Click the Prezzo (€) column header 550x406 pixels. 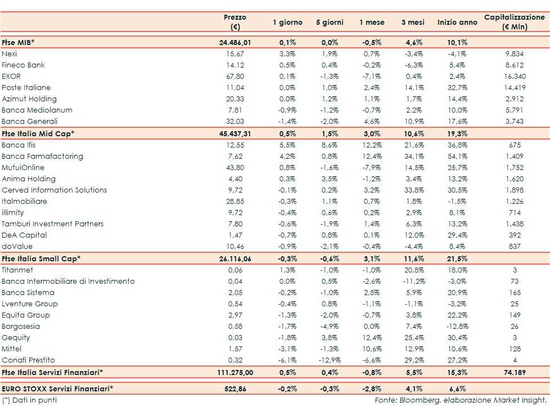point(235,22)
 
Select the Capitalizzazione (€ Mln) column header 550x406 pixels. point(514,22)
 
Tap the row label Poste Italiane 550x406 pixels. point(26,88)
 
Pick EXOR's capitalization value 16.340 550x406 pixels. point(515,77)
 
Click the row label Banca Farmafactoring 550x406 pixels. point(42,157)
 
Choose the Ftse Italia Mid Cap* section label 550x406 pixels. point(38,133)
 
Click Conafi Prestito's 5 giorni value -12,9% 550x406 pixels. point(328,360)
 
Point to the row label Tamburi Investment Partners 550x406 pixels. point(53,224)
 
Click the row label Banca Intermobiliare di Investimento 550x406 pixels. point(68,282)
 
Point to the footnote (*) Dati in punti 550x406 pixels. point(29,400)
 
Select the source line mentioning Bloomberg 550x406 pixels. point(461,400)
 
